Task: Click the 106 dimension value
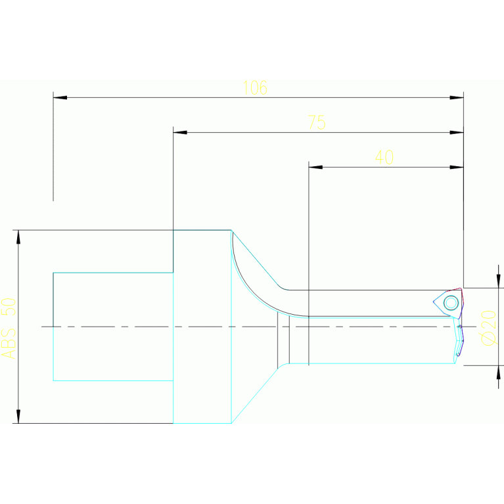tap(255, 88)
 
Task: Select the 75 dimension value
tap(316, 123)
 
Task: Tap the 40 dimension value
tap(384, 158)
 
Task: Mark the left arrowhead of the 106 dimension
tap(60, 98)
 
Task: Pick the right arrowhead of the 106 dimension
tap(457, 98)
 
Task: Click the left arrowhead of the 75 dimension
tap(180, 133)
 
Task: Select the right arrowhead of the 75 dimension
tap(457, 133)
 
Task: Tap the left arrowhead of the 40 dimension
tap(316, 168)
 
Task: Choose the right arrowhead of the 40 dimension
tap(457, 168)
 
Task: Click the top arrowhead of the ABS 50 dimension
tap(18, 237)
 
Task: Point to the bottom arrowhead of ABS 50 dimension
tap(18, 416)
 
